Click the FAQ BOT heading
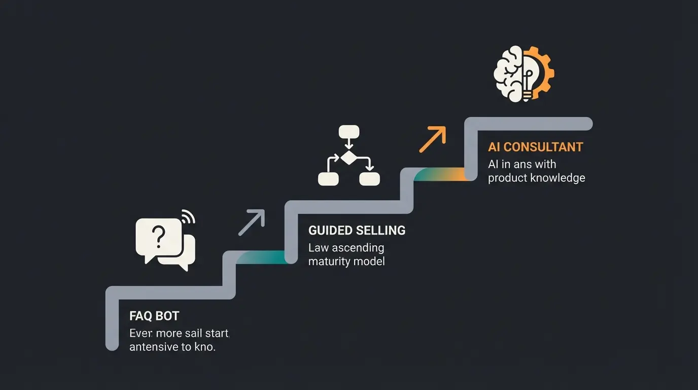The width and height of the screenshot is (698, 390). click(x=154, y=316)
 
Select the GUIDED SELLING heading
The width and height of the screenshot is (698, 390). click(x=357, y=230)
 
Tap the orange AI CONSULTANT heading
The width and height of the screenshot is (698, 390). click(x=535, y=147)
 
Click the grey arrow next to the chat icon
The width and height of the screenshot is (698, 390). click(x=252, y=222)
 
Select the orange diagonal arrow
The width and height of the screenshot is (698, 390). click(x=432, y=139)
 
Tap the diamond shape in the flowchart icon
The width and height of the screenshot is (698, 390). click(x=348, y=158)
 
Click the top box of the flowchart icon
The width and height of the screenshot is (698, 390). click(x=348, y=132)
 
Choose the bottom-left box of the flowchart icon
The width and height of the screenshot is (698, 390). click(x=328, y=178)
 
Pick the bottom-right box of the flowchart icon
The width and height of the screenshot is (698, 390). click(x=369, y=178)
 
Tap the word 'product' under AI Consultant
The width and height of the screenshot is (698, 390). click(x=507, y=178)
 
